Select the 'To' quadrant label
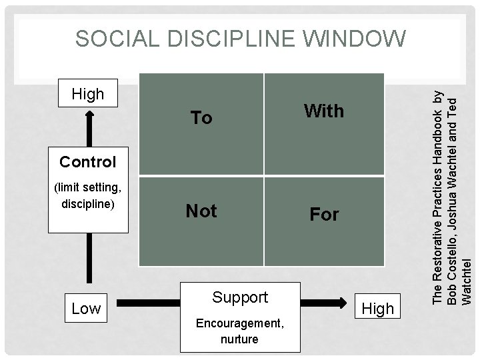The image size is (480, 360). pos(201,119)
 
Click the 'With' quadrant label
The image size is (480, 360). pos(324,111)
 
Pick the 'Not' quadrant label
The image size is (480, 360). pos(201,211)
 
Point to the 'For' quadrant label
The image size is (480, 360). pos(324,215)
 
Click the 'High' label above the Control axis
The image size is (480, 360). pos(88,94)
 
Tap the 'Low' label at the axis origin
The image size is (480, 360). pos(87,308)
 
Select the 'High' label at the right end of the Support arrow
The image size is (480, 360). pos(377,308)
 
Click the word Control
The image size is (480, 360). pos(87,162)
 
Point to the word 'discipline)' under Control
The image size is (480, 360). pos(87,203)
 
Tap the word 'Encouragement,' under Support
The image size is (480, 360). pos(239,324)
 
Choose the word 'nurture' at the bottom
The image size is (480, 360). pos(239,339)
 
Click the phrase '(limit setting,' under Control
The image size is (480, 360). pos(87,189)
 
